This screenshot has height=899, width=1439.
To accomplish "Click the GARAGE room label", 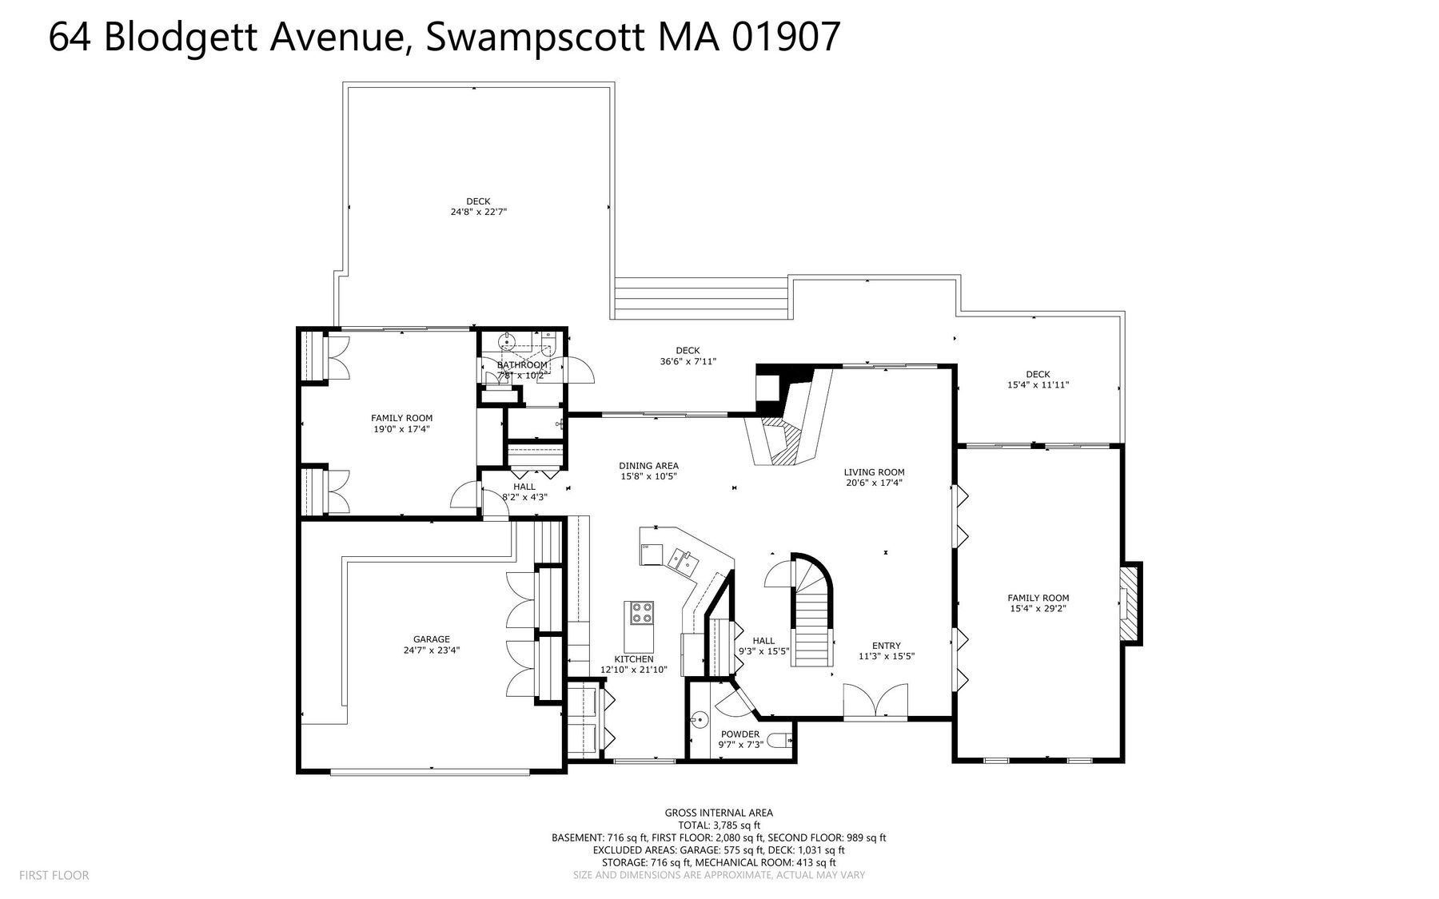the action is pyautogui.click(x=432, y=639).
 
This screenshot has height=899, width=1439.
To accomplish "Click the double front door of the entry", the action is pyautogui.click(x=876, y=701).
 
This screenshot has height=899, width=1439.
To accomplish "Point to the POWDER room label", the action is pyautogui.click(x=740, y=734).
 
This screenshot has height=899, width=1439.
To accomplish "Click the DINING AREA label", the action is pyautogui.click(x=648, y=466).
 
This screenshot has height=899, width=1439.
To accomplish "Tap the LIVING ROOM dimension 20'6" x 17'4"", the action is pyautogui.click(x=874, y=483).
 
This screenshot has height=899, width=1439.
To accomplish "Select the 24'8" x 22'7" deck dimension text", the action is pyautogui.click(x=479, y=212).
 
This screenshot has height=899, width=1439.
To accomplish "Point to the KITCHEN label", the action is pyautogui.click(x=634, y=659).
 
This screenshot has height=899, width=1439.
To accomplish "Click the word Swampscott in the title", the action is pyautogui.click(x=535, y=38).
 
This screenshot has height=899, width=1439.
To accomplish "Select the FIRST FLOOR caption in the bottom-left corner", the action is pyautogui.click(x=54, y=875).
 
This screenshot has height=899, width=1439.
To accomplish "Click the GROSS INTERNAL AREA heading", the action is pyautogui.click(x=719, y=813).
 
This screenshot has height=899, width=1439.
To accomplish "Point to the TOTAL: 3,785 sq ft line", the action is pyautogui.click(x=719, y=825).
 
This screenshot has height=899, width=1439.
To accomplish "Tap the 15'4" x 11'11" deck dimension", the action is pyautogui.click(x=1038, y=385).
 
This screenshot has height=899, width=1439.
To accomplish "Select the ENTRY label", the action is pyautogui.click(x=887, y=646).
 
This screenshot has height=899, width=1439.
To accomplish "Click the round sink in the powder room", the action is pyautogui.click(x=701, y=719).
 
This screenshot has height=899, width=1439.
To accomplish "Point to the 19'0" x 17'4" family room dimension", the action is pyautogui.click(x=401, y=429).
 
